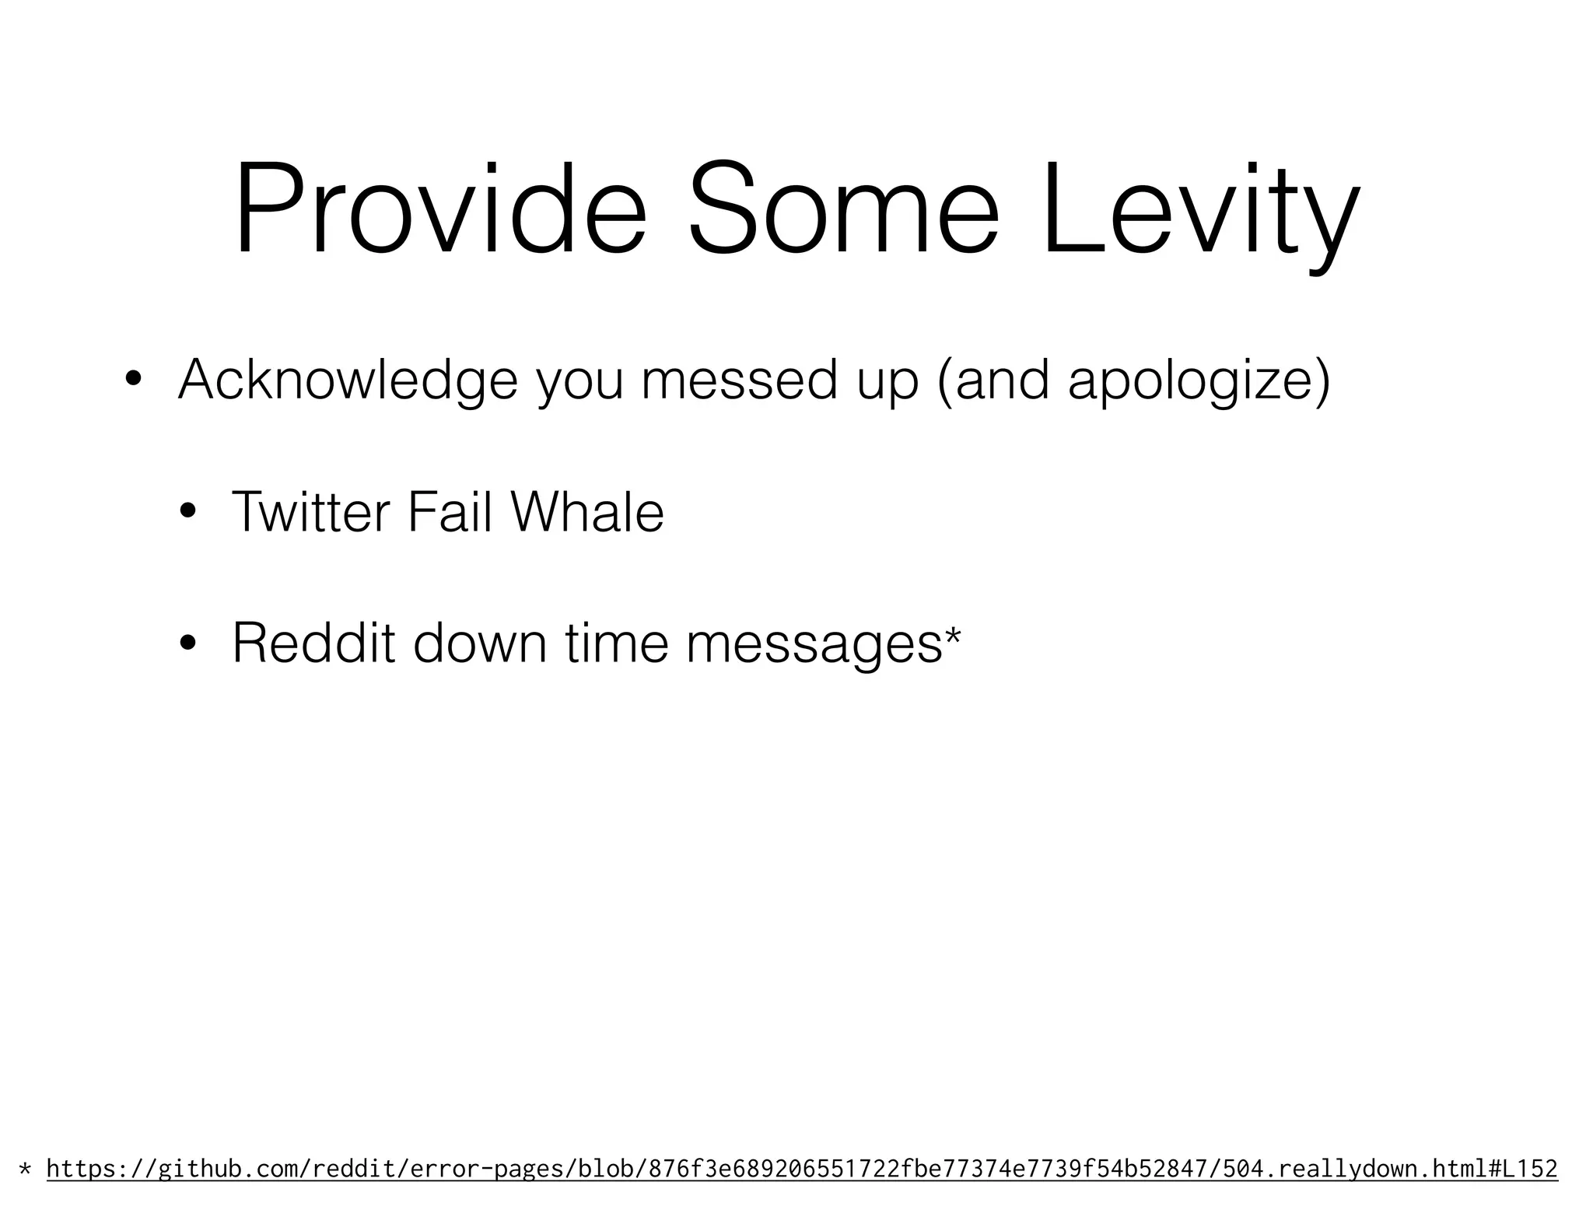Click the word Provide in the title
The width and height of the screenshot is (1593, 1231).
pos(439,209)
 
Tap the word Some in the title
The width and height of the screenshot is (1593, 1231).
pos(843,209)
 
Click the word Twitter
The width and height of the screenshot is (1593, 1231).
pos(310,513)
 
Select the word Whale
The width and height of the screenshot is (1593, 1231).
pos(587,513)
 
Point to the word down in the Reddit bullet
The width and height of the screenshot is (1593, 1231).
pos(479,644)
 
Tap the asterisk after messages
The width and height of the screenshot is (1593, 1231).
pos(952,634)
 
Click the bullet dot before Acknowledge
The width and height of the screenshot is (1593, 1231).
pos(133,380)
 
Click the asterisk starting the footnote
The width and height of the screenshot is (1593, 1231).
pos(26,1169)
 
